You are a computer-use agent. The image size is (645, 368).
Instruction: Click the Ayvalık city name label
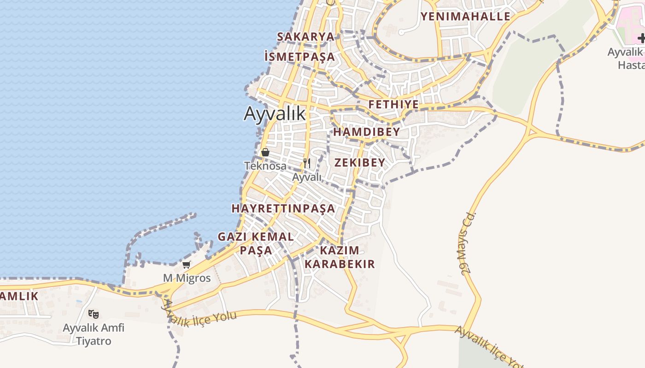tap(275, 113)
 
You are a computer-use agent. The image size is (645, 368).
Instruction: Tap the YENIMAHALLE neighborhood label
tap(465, 17)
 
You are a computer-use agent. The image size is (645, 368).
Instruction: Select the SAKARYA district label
tap(305, 37)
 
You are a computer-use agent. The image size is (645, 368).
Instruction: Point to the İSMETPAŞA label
tap(300, 57)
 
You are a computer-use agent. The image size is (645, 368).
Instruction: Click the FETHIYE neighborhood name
tap(393, 104)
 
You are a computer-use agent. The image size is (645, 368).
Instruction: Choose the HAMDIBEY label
tap(367, 132)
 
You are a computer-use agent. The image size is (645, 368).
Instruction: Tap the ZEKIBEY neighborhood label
tap(360, 162)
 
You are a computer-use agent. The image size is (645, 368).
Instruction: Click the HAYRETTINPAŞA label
tap(283, 208)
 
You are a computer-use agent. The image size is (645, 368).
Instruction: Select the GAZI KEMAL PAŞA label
tap(256, 243)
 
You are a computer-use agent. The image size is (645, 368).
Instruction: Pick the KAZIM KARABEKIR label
tap(340, 257)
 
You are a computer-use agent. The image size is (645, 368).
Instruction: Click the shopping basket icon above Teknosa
tap(265, 152)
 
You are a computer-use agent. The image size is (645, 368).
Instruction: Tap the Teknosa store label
tap(265, 166)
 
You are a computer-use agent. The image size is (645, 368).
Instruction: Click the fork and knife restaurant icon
tap(307, 163)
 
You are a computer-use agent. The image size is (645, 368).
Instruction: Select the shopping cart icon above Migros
tap(186, 264)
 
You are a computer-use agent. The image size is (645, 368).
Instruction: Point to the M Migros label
tap(187, 278)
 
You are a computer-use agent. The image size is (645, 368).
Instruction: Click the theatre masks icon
tap(94, 314)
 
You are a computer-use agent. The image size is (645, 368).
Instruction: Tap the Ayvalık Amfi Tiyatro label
tap(94, 334)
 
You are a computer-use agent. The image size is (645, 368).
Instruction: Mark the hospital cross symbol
tap(641, 38)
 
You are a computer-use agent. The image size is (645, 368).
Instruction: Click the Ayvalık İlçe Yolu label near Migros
tap(200, 316)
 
